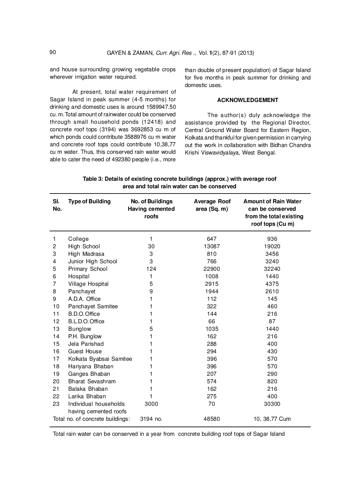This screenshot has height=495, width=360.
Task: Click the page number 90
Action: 52,52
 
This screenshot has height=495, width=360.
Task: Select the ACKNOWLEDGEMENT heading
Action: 247,100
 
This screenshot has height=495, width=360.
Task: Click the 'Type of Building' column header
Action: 89,201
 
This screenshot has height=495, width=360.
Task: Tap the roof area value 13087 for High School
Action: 211,246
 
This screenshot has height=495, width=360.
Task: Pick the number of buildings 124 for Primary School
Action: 151,269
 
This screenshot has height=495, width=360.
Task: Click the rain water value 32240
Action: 272,269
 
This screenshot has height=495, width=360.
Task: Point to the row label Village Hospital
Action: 88,284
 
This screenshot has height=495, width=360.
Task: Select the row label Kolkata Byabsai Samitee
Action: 100,359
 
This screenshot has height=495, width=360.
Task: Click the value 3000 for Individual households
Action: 151,404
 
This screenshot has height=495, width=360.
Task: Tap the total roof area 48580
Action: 211,419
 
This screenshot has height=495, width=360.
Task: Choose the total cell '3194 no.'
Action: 151,419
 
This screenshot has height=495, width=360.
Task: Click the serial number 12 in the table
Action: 56,321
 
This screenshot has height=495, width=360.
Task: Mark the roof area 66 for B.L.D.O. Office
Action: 211,321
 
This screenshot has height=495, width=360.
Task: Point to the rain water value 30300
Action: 272,404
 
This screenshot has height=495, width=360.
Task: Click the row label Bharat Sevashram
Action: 92,381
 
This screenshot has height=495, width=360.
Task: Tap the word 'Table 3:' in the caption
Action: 93,179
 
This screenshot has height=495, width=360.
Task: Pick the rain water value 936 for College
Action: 272,239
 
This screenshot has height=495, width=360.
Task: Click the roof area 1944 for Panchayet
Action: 211,291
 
